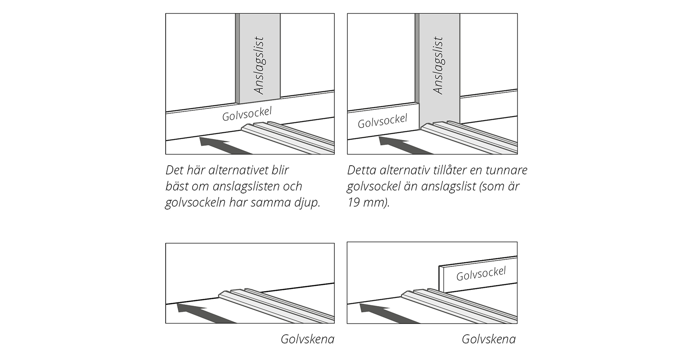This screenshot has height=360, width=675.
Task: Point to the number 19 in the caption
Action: [x=355, y=202]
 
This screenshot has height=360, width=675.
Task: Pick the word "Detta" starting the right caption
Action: [x=362, y=171]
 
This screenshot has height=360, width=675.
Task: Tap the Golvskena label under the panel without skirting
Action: [x=307, y=339]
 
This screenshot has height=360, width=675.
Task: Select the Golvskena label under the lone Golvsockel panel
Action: [x=489, y=339]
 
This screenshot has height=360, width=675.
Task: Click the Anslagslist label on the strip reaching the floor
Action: [x=438, y=65]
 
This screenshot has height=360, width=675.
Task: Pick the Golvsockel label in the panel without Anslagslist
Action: [x=481, y=273]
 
